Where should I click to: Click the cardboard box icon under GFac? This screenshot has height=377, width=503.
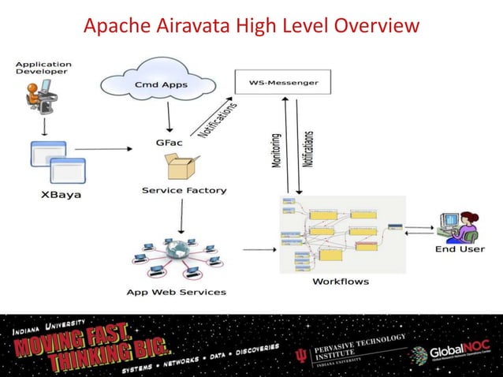tap(181, 166)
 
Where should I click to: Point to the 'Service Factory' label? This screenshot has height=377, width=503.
tap(184, 190)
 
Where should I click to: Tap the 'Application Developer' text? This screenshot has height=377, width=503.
tap(44, 68)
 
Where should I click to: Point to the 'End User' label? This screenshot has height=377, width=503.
tap(460, 250)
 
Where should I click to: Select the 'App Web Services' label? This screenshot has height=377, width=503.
tap(176, 292)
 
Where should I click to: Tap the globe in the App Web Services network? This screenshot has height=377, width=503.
tap(181, 253)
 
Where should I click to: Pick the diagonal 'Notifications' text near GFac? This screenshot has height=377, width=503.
tap(216, 118)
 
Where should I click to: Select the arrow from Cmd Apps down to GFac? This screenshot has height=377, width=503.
tap(167, 117)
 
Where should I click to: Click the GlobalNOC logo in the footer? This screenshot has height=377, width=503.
tap(457, 352)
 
